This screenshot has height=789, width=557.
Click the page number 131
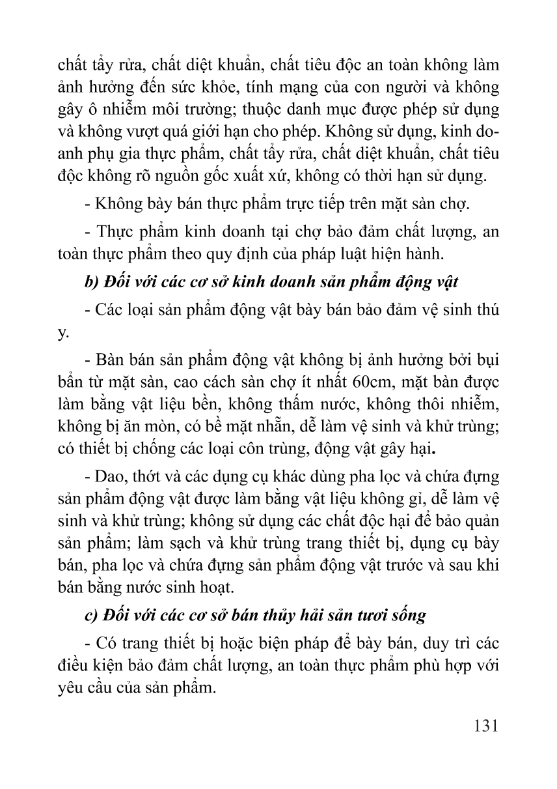[x=482, y=724]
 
